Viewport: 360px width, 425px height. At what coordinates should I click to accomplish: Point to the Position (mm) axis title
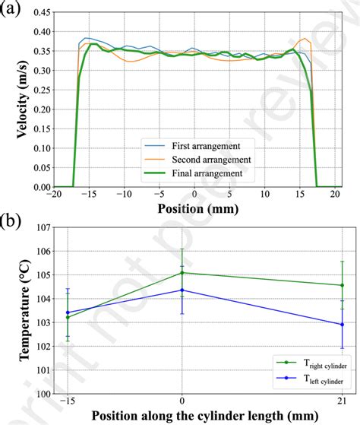coord(195,208)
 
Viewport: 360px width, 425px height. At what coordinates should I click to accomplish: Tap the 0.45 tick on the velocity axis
coord(43,14)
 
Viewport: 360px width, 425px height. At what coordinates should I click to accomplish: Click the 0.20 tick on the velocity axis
coord(43,109)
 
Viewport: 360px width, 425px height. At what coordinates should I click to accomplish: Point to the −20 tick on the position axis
coord(55,195)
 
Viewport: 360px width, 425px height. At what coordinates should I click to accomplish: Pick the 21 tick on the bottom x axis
coord(342,401)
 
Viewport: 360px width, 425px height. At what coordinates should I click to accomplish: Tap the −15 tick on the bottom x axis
coord(66,401)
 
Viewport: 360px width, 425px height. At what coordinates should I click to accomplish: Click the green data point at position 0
coord(182,273)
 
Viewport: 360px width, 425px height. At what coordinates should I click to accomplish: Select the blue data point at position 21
coord(342,325)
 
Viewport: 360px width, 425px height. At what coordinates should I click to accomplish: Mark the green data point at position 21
coord(342,285)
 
